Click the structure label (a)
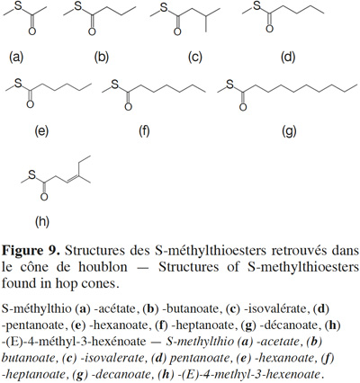pos(16,57)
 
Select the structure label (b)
pos(102,57)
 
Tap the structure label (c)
pos(195,57)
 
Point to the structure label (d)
pos(288,57)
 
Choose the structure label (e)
pos(41,131)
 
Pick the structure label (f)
pos(144,131)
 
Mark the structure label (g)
pos(289,131)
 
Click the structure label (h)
pos(42,221)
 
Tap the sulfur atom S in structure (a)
pos(18,7)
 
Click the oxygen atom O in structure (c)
pos(177,31)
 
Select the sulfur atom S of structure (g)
pos(230,85)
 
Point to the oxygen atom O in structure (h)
pos(44,197)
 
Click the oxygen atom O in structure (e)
pos(30,104)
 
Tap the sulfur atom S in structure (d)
pos(257,6)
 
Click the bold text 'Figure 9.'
pos(30,251)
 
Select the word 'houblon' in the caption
pos(103,266)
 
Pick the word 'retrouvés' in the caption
pos(299,250)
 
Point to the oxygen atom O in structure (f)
pos(129,107)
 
